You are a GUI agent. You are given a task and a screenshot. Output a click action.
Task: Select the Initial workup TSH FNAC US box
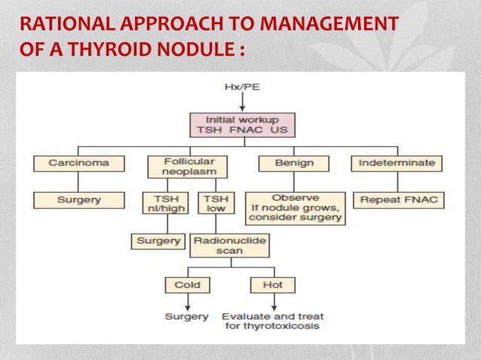coord(240,125)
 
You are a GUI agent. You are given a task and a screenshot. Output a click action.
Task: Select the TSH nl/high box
coord(164,203)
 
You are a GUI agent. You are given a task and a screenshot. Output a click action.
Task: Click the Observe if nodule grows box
coord(295,208)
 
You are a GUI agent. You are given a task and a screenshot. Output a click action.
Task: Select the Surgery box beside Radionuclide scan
coord(158,241)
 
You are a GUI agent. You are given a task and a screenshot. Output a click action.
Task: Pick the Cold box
coord(187,285)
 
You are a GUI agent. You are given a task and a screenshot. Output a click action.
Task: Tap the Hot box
coord(272,285)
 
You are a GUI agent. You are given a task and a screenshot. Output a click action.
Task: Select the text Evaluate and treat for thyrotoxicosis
coord(271,321)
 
